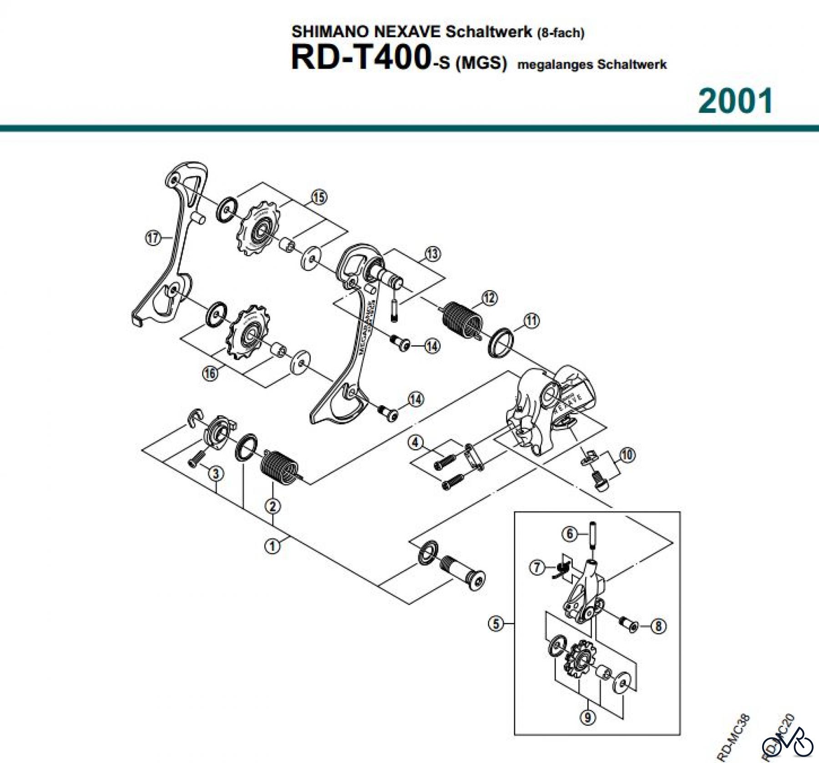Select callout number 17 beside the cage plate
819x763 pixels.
pos(153,238)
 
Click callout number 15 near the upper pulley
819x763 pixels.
pos(319,197)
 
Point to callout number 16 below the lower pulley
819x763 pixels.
pos(210,374)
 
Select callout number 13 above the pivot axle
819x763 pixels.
pos(432,253)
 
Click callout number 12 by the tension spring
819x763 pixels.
pos(489,298)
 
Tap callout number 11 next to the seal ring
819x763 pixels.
pos(531,321)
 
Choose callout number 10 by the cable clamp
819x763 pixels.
pos(627,455)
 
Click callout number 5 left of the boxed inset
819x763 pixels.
pos(496,623)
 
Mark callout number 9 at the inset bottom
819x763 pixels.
pos(587,718)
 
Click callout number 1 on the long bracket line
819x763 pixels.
pos(273,546)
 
